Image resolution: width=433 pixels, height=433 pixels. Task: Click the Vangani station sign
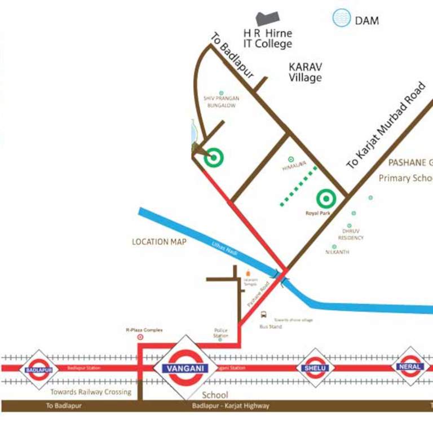(185, 368)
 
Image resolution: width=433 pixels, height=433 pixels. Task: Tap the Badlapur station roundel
(39, 369)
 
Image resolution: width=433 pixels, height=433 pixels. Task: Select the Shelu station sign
(315, 368)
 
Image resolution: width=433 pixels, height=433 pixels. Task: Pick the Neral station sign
(410, 366)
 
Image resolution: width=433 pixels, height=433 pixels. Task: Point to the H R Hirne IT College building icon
(268, 19)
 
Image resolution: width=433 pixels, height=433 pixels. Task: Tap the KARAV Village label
(305, 72)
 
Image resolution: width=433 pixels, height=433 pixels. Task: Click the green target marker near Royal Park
(326, 198)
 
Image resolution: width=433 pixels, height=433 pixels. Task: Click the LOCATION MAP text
(158, 241)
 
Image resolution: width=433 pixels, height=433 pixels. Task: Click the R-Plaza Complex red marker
(140, 337)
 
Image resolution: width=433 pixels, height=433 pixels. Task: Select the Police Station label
(220, 333)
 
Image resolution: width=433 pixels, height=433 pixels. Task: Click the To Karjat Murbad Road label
(386, 126)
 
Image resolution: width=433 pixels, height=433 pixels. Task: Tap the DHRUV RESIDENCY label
(351, 235)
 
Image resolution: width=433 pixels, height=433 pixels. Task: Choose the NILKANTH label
(337, 252)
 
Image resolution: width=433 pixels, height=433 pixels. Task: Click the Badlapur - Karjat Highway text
(230, 406)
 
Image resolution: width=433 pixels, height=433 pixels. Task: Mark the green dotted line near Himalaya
(299, 186)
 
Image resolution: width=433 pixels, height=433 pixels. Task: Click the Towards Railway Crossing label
(90, 392)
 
